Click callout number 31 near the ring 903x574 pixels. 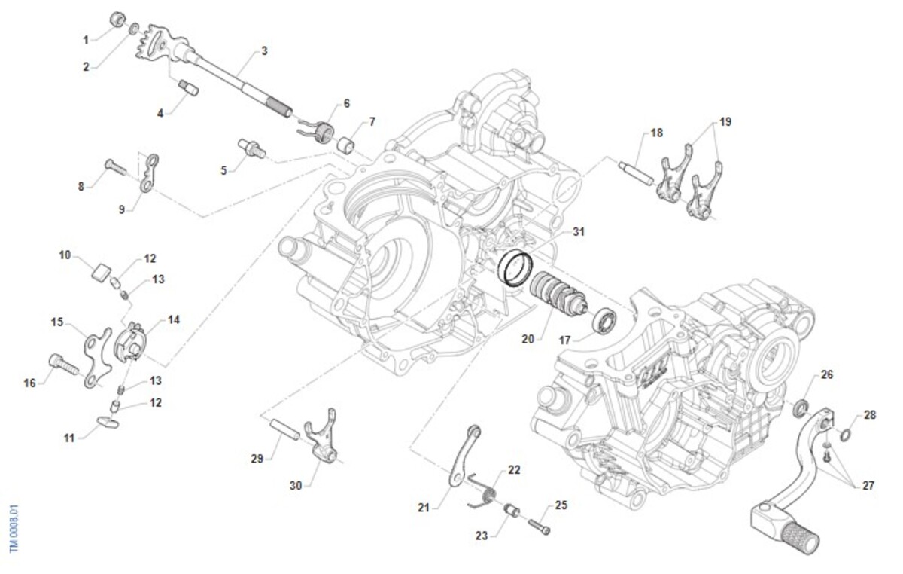(578, 232)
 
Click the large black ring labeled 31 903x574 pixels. (516, 268)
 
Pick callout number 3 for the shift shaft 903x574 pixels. (264, 51)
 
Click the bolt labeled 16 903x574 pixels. (63, 365)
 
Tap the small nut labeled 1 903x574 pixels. (117, 17)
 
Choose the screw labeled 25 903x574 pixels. (540, 526)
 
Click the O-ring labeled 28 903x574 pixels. (845, 435)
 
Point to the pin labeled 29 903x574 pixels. (287, 435)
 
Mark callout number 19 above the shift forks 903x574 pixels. (725, 121)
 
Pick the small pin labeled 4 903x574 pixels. (188, 89)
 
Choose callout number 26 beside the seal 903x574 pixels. (827, 374)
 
